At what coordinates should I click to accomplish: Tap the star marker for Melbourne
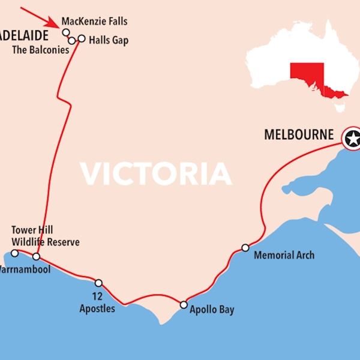tap(353, 139)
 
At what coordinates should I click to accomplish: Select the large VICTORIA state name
tap(156, 173)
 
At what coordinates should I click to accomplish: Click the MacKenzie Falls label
tap(94, 22)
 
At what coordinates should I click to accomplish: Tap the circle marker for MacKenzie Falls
tap(66, 32)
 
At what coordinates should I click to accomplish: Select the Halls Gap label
tap(109, 40)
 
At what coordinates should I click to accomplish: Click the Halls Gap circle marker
tap(82, 38)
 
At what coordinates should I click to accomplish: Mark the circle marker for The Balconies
tap(72, 40)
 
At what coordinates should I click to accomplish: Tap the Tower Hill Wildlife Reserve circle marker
tap(15, 253)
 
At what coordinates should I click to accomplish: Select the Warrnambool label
tap(25, 269)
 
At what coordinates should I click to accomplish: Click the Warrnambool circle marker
tap(36, 257)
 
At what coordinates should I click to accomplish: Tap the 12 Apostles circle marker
tap(98, 283)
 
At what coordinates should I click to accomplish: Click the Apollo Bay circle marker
tap(184, 305)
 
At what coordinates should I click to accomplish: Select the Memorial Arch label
tap(284, 256)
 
